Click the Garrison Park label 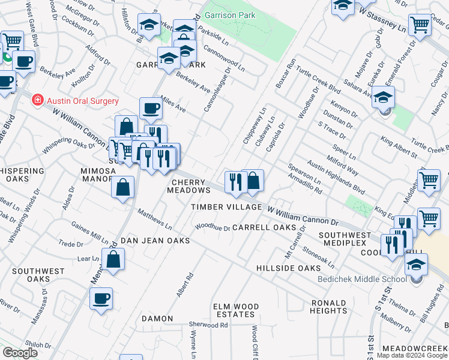[x=231, y=15]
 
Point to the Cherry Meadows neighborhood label [x=189, y=186]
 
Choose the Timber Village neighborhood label [x=227, y=207]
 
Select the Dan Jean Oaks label [x=155, y=241]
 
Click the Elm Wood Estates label [x=236, y=310]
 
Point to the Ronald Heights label [x=329, y=307]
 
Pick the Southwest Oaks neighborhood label [x=38, y=275]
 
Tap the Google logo [x=20, y=353]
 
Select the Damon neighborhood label [x=157, y=319]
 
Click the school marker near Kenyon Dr [x=383, y=97]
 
